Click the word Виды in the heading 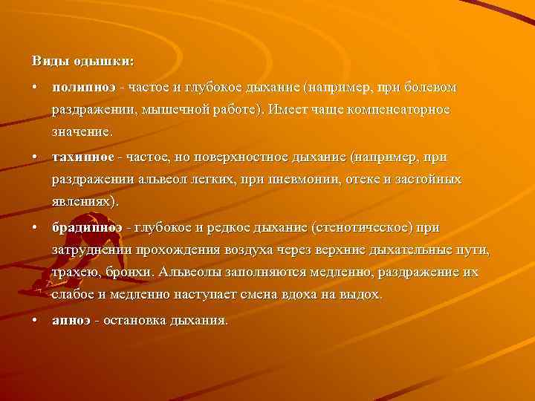46,59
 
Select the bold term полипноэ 83,88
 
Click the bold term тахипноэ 83,157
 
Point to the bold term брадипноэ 87,227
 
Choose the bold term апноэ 71,320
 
